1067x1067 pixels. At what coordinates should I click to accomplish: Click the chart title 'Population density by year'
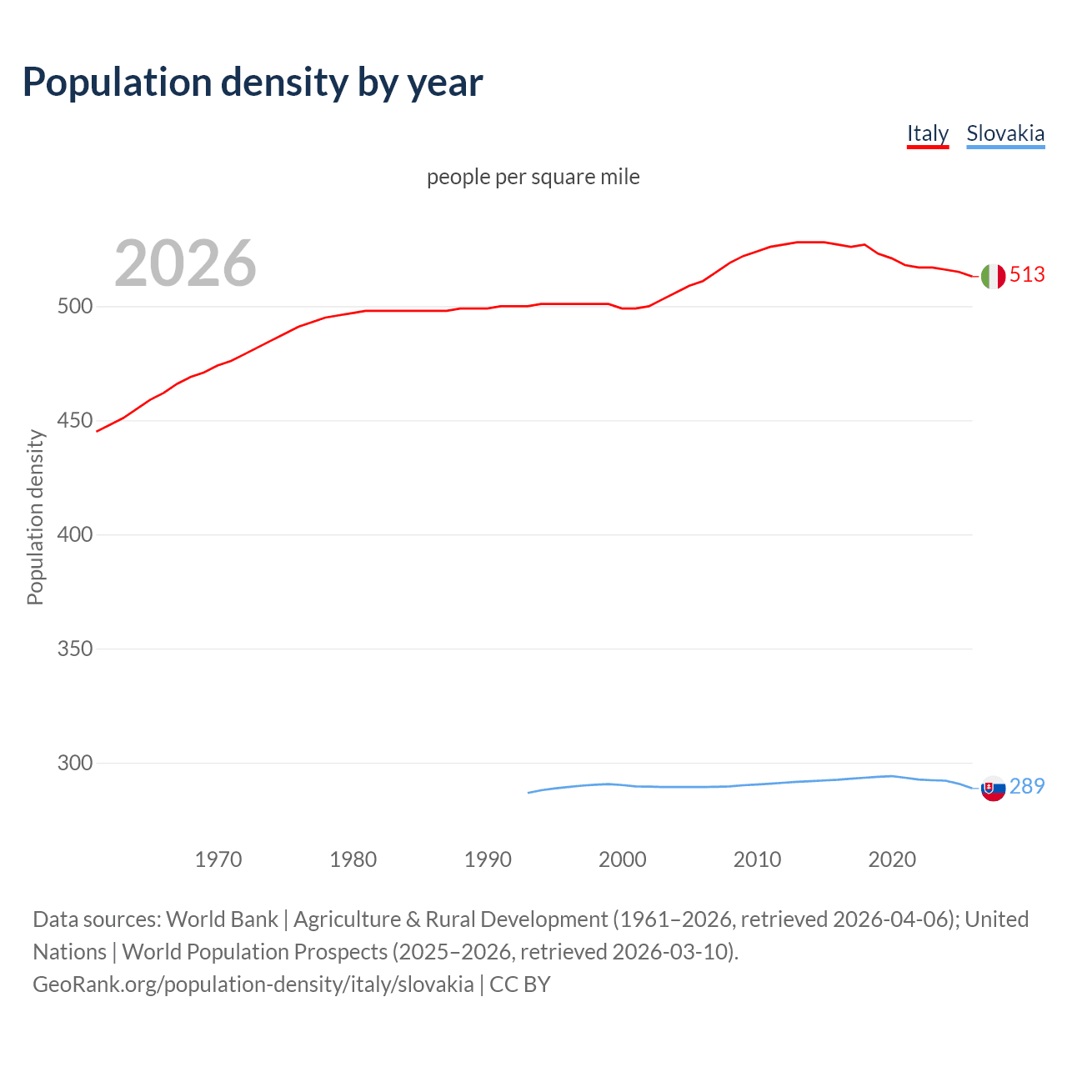click(x=253, y=83)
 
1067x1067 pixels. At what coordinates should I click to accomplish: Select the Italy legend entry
click(x=927, y=133)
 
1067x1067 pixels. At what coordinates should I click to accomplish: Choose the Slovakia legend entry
click(x=1004, y=133)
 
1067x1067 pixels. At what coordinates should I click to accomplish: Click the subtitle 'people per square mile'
click(x=533, y=177)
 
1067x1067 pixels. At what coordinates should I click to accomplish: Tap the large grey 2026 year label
click(x=185, y=263)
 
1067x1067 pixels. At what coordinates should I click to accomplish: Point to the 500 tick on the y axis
click(x=74, y=307)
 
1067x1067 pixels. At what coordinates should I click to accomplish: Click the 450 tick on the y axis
click(x=74, y=421)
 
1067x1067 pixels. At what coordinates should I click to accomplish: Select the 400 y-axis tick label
click(x=74, y=534)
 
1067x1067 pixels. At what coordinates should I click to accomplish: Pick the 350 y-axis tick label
click(x=74, y=649)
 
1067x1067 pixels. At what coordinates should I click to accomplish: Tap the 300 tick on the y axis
click(x=74, y=763)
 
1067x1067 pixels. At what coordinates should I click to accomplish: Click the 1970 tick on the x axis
click(x=218, y=859)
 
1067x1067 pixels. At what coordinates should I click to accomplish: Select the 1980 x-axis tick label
click(x=353, y=859)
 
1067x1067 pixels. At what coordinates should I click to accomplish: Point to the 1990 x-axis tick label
click(x=488, y=859)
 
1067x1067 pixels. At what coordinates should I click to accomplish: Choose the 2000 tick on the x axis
click(x=623, y=859)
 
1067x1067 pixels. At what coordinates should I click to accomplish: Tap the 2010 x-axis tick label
click(x=757, y=859)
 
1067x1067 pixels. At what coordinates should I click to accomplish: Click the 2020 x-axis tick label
click(x=892, y=859)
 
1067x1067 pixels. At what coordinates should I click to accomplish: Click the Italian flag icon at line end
click(x=993, y=276)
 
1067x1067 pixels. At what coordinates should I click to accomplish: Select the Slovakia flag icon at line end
click(x=993, y=788)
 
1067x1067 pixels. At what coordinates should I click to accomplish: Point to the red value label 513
click(x=1027, y=275)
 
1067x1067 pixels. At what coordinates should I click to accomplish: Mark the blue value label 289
click(x=1027, y=787)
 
